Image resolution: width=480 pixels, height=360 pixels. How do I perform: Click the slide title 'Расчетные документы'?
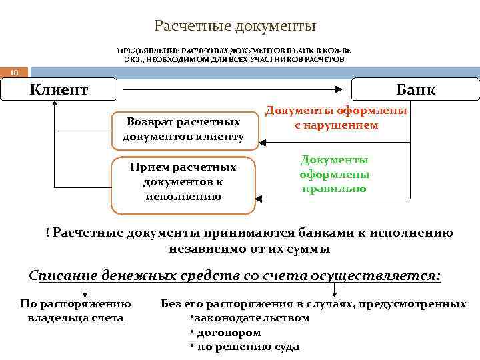click(x=235, y=26)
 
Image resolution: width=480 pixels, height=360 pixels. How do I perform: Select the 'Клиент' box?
click(x=59, y=89)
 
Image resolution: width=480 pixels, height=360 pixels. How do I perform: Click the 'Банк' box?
click(x=415, y=89)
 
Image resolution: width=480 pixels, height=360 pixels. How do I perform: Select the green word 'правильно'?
click(x=334, y=189)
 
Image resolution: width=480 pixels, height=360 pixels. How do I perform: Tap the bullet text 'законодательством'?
click(x=252, y=317)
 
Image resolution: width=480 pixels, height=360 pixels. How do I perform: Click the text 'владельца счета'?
click(x=75, y=317)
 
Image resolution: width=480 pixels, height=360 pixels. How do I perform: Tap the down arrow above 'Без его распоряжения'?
click(x=335, y=291)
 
